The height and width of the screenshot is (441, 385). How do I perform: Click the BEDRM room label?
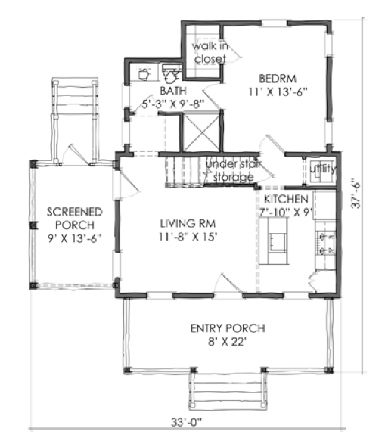tap(278, 79)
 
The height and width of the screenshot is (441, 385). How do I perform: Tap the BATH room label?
tap(173, 91)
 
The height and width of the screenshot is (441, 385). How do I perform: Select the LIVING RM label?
tap(188, 224)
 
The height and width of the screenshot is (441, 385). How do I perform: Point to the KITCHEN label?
tap(286, 199)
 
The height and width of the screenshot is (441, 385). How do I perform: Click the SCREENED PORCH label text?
tap(75, 219)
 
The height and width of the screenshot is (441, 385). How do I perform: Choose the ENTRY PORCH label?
tap(228, 328)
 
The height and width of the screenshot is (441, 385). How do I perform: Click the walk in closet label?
tap(210, 52)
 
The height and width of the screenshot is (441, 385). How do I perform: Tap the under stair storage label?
tap(234, 170)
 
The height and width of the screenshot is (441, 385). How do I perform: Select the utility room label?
tap(323, 169)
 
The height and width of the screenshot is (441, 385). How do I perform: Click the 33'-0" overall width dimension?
tap(187, 422)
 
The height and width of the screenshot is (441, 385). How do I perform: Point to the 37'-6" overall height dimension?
tap(356, 193)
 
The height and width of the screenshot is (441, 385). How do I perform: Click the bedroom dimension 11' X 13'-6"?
tap(278, 92)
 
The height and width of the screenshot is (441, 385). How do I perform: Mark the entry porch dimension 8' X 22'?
tap(227, 342)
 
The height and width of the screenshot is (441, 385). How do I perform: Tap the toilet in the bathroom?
tap(171, 74)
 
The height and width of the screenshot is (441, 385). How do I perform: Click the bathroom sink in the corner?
tap(144, 74)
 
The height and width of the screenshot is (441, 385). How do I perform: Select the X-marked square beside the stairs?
tap(202, 132)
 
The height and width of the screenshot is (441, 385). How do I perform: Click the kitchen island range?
tap(278, 241)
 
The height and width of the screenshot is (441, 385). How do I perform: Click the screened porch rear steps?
tap(75, 96)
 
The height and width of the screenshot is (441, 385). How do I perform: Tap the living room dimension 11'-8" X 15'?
tap(188, 237)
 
